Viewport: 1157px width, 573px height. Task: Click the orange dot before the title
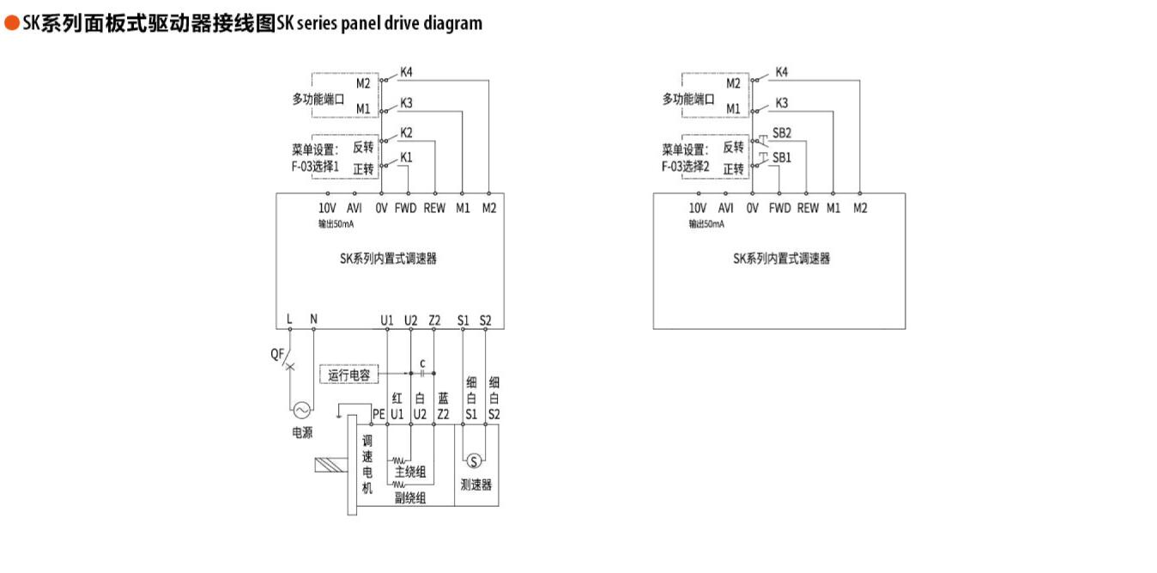pyautogui.click(x=11, y=24)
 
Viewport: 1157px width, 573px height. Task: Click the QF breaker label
pyautogui.click(x=278, y=354)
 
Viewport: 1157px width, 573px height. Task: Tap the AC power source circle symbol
pyautogui.click(x=301, y=411)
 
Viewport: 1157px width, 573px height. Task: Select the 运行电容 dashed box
pyautogui.click(x=350, y=375)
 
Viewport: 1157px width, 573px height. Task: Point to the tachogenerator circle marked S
pyautogui.click(x=472, y=461)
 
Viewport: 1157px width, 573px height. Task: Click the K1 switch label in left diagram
pyautogui.click(x=406, y=157)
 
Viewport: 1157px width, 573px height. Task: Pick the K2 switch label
pyautogui.click(x=406, y=132)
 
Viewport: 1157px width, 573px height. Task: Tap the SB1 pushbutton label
pyautogui.click(x=781, y=157)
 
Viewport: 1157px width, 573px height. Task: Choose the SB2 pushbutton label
pyautogui.click(x=781, y=132)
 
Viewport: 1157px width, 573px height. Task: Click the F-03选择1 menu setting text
pyautogui.click(x=316, y=167)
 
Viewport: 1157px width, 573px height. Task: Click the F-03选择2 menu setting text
pyautogui.click(x=686, y=167)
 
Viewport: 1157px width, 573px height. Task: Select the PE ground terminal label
pyautogui.click(x=379, y=414)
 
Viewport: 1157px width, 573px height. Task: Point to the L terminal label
pyautogui.click(x=289, y=320)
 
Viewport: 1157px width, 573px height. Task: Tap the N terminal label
pyautogui.click(x=313, y=320)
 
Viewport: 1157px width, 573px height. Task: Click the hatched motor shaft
pyautogui.click(x=330, y=466)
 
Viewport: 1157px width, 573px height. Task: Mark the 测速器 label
pyautogui.click(x=476, y=485)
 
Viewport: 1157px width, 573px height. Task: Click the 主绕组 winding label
pyautogui.click(x=410, y=472)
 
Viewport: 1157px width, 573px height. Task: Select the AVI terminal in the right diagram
pyautogui.click(x=725, y=208)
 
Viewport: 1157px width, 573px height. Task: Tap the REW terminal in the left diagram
pyautogui.click(x=435, y=208)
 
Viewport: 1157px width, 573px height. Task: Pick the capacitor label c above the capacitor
pyautogui.click(x=422, y=363)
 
